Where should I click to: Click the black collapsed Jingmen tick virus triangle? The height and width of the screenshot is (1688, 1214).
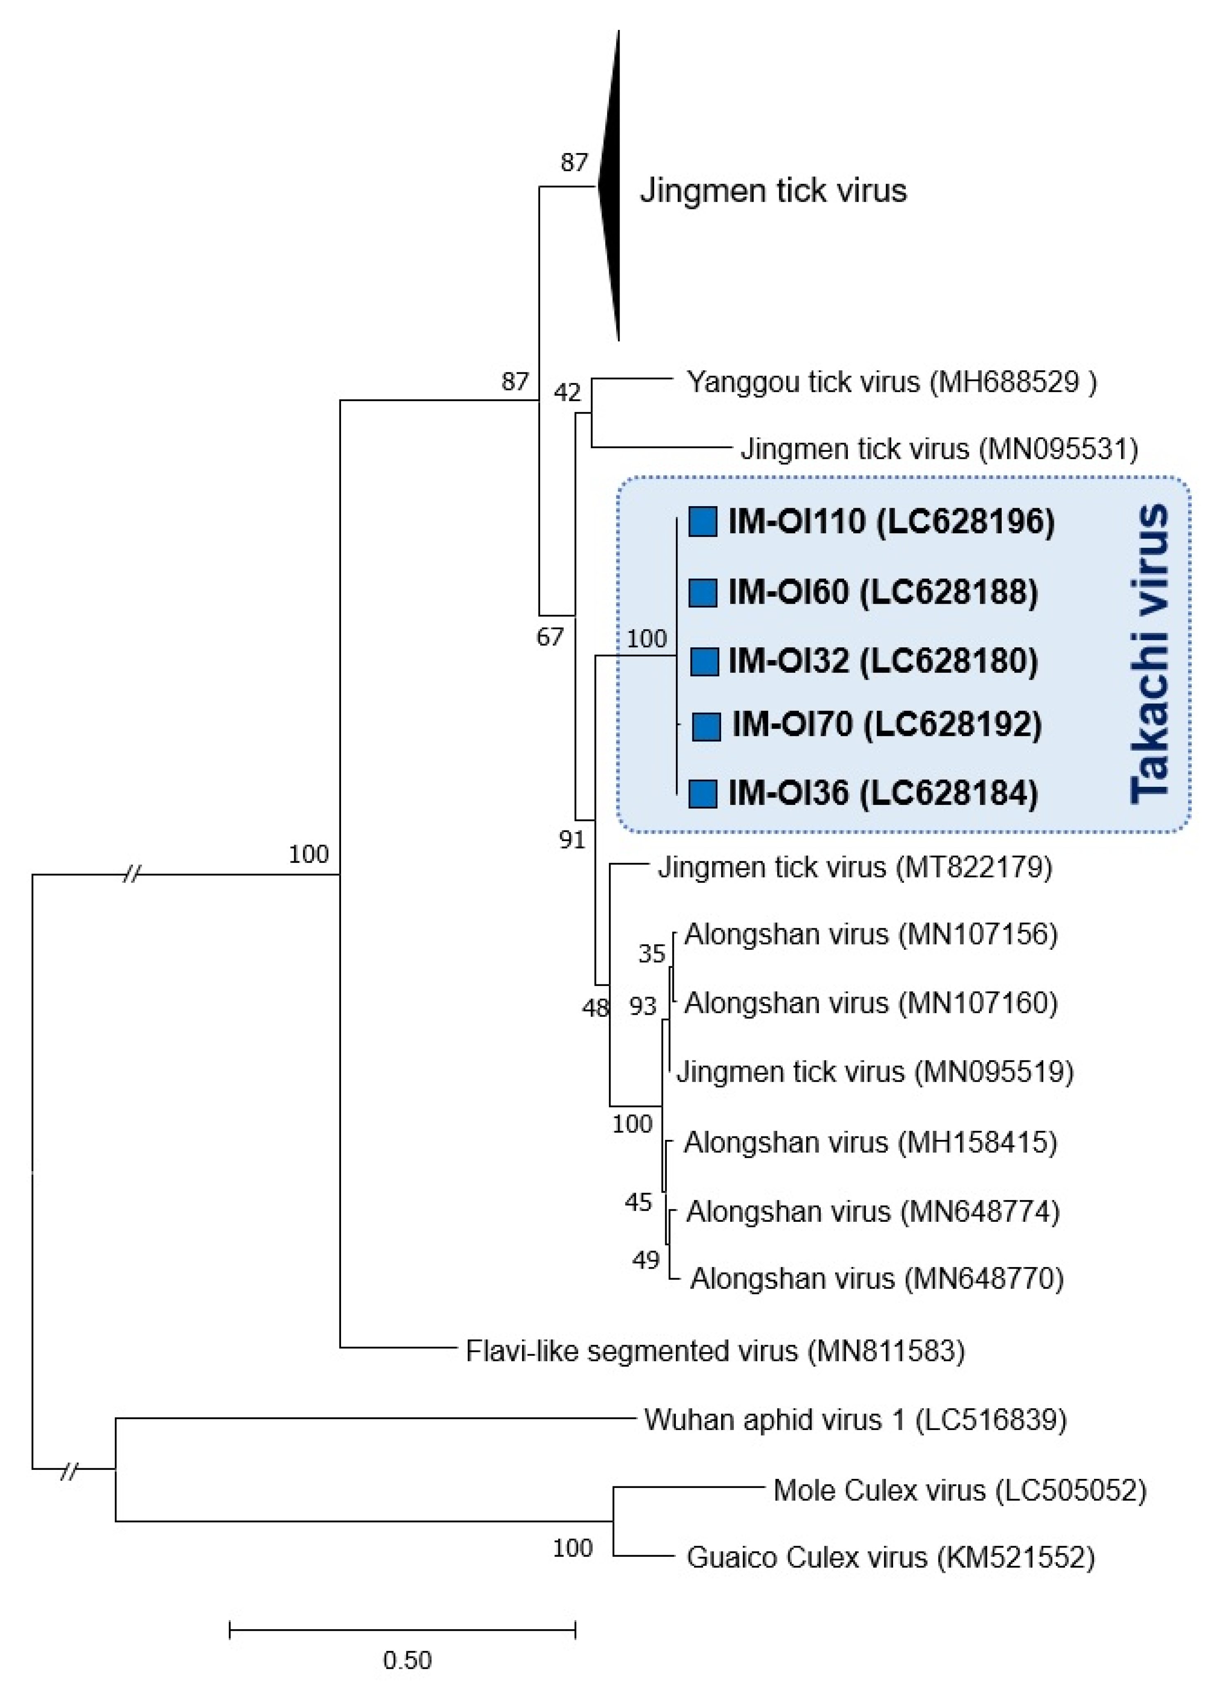[x=611, y=186]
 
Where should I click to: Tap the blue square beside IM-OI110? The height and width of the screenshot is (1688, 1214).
[x=702, y=521]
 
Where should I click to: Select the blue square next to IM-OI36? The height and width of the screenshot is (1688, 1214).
[x=702, y=793]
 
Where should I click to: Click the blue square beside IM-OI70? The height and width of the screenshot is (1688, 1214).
[x=706, y=725]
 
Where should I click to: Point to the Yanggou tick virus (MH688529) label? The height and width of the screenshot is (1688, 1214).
[x=891, y=382]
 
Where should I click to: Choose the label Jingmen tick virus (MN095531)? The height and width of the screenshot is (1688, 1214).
[x=939, y=449]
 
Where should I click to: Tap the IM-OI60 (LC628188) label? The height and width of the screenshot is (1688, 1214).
[x=882, y=592]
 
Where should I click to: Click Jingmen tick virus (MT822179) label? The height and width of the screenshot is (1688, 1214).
[x=855, y=867]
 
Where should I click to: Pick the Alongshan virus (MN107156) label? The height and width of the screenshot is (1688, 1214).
[x=870, y=934]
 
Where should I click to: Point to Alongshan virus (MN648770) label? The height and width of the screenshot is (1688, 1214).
[x=877, y=1279]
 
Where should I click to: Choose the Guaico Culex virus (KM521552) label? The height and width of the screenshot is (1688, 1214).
[x=890, y=1558]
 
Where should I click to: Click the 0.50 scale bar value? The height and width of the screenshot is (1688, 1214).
[x=407, y=1660]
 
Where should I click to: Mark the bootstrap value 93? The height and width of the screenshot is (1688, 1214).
[x=643, y=1006]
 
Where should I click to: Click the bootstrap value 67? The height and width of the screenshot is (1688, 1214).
[x=550, y=636]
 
